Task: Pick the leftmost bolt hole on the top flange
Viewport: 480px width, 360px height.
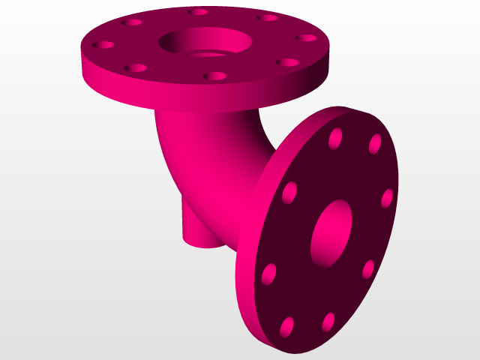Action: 102,45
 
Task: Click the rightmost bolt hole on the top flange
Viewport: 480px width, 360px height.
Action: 306,37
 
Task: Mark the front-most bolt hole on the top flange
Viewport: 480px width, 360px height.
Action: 215,76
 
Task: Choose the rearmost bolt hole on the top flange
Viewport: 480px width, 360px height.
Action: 198,12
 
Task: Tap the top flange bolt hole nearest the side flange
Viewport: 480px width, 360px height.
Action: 286,62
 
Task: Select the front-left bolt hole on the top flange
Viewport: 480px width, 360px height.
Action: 135,67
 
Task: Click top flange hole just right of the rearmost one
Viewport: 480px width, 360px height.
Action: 267,18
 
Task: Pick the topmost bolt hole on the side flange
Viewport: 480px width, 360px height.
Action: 335,137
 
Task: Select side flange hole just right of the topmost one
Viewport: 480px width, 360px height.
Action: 375,144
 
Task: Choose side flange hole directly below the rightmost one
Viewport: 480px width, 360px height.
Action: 368,269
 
